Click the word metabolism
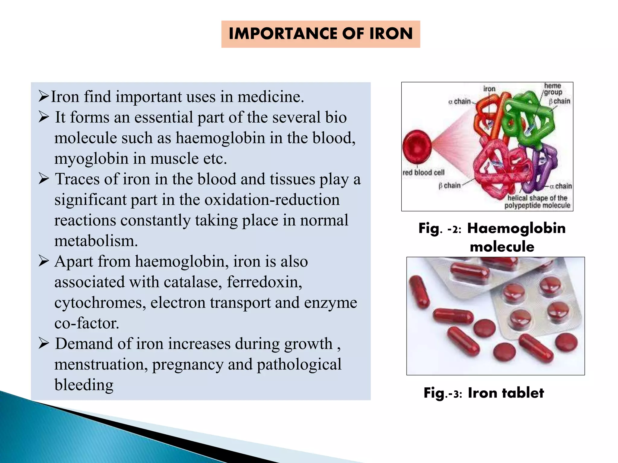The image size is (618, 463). [96, 241]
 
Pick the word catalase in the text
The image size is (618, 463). [191, 282]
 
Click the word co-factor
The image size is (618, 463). [87, 323]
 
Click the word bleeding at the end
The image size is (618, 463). [84, 385]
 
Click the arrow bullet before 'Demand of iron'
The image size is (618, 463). [44, 344]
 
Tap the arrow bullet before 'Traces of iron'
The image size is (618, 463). [44, 179]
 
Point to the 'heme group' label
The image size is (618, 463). [553, 89]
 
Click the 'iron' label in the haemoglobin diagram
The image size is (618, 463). [489, 89]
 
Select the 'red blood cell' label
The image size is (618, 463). [423, 172]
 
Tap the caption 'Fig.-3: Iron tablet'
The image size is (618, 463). [483, 393]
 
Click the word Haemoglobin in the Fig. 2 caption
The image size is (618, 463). [516, 228]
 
